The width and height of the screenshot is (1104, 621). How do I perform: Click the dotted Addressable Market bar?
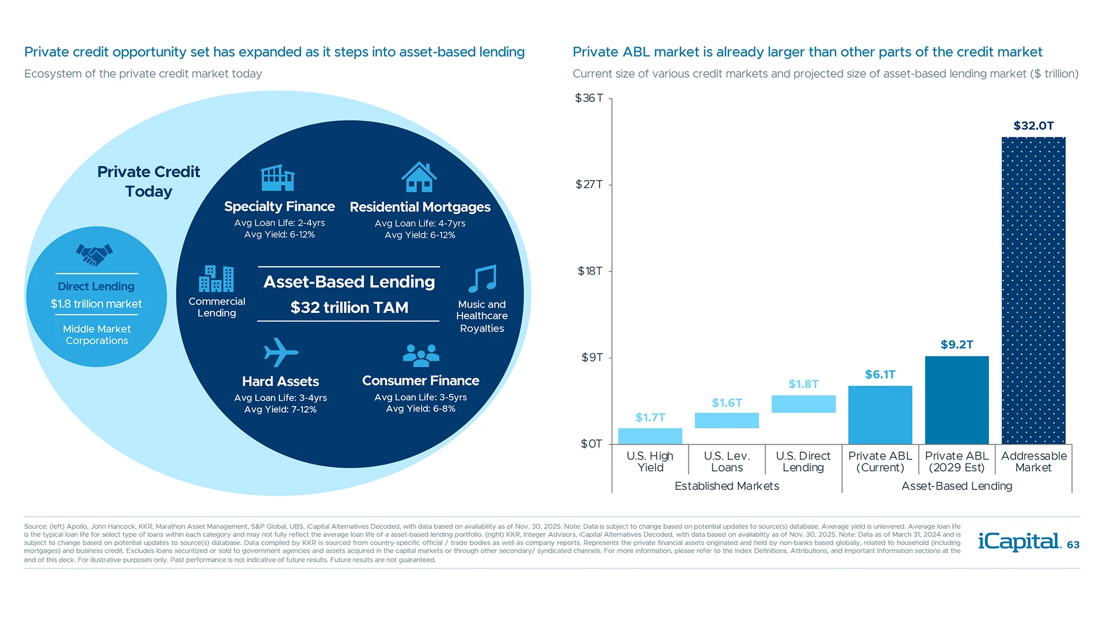pyautogui.click(x=1033, y=290)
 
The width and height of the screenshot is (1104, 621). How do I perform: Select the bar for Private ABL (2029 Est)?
pyautogui.click(x=957, y=400)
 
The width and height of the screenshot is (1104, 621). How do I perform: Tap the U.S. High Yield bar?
pyautogui.click(x=650, y=436)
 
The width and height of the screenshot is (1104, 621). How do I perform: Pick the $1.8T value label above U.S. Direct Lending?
pyautogui.click(x=803, y=384)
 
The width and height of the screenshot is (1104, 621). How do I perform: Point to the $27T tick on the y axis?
pyautogui.click(x=589, y=185)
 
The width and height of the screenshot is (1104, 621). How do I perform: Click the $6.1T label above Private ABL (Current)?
pyautogui.click(x=880, y=374)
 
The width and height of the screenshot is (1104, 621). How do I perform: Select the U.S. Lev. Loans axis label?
pyautogui.click(x=727, y=462)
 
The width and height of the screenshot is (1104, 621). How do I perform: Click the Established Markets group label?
pyautogui.click(x=727, y=486)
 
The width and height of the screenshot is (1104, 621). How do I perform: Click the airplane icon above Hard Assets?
pyautogui.click(x=281, y=352)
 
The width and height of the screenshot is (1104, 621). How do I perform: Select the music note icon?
pyautogui.click(x=482, y=279)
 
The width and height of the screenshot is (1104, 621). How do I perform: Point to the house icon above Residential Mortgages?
pyautogui.click(x=419, y=177)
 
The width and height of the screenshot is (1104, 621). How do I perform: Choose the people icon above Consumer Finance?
pyautogui.click(x=421, y=355)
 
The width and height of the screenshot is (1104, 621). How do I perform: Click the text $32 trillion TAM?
pyautogui.click(x=349, y=308)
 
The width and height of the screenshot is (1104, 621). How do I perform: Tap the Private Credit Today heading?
pyautogui.click(x=148, y=181)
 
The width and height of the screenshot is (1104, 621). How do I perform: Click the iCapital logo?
pyautogui.click(x=1019, y=542)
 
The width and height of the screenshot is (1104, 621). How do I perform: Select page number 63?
pyautogui.click(x=1073, y=545)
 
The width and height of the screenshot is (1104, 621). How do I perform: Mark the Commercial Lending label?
pyautogui.click(x=217, y=307)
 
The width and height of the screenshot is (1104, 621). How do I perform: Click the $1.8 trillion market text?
pyautogui.click(x=96, y=304)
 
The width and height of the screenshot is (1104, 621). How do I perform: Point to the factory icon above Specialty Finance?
pyautogui.click(x=278, y=178)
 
